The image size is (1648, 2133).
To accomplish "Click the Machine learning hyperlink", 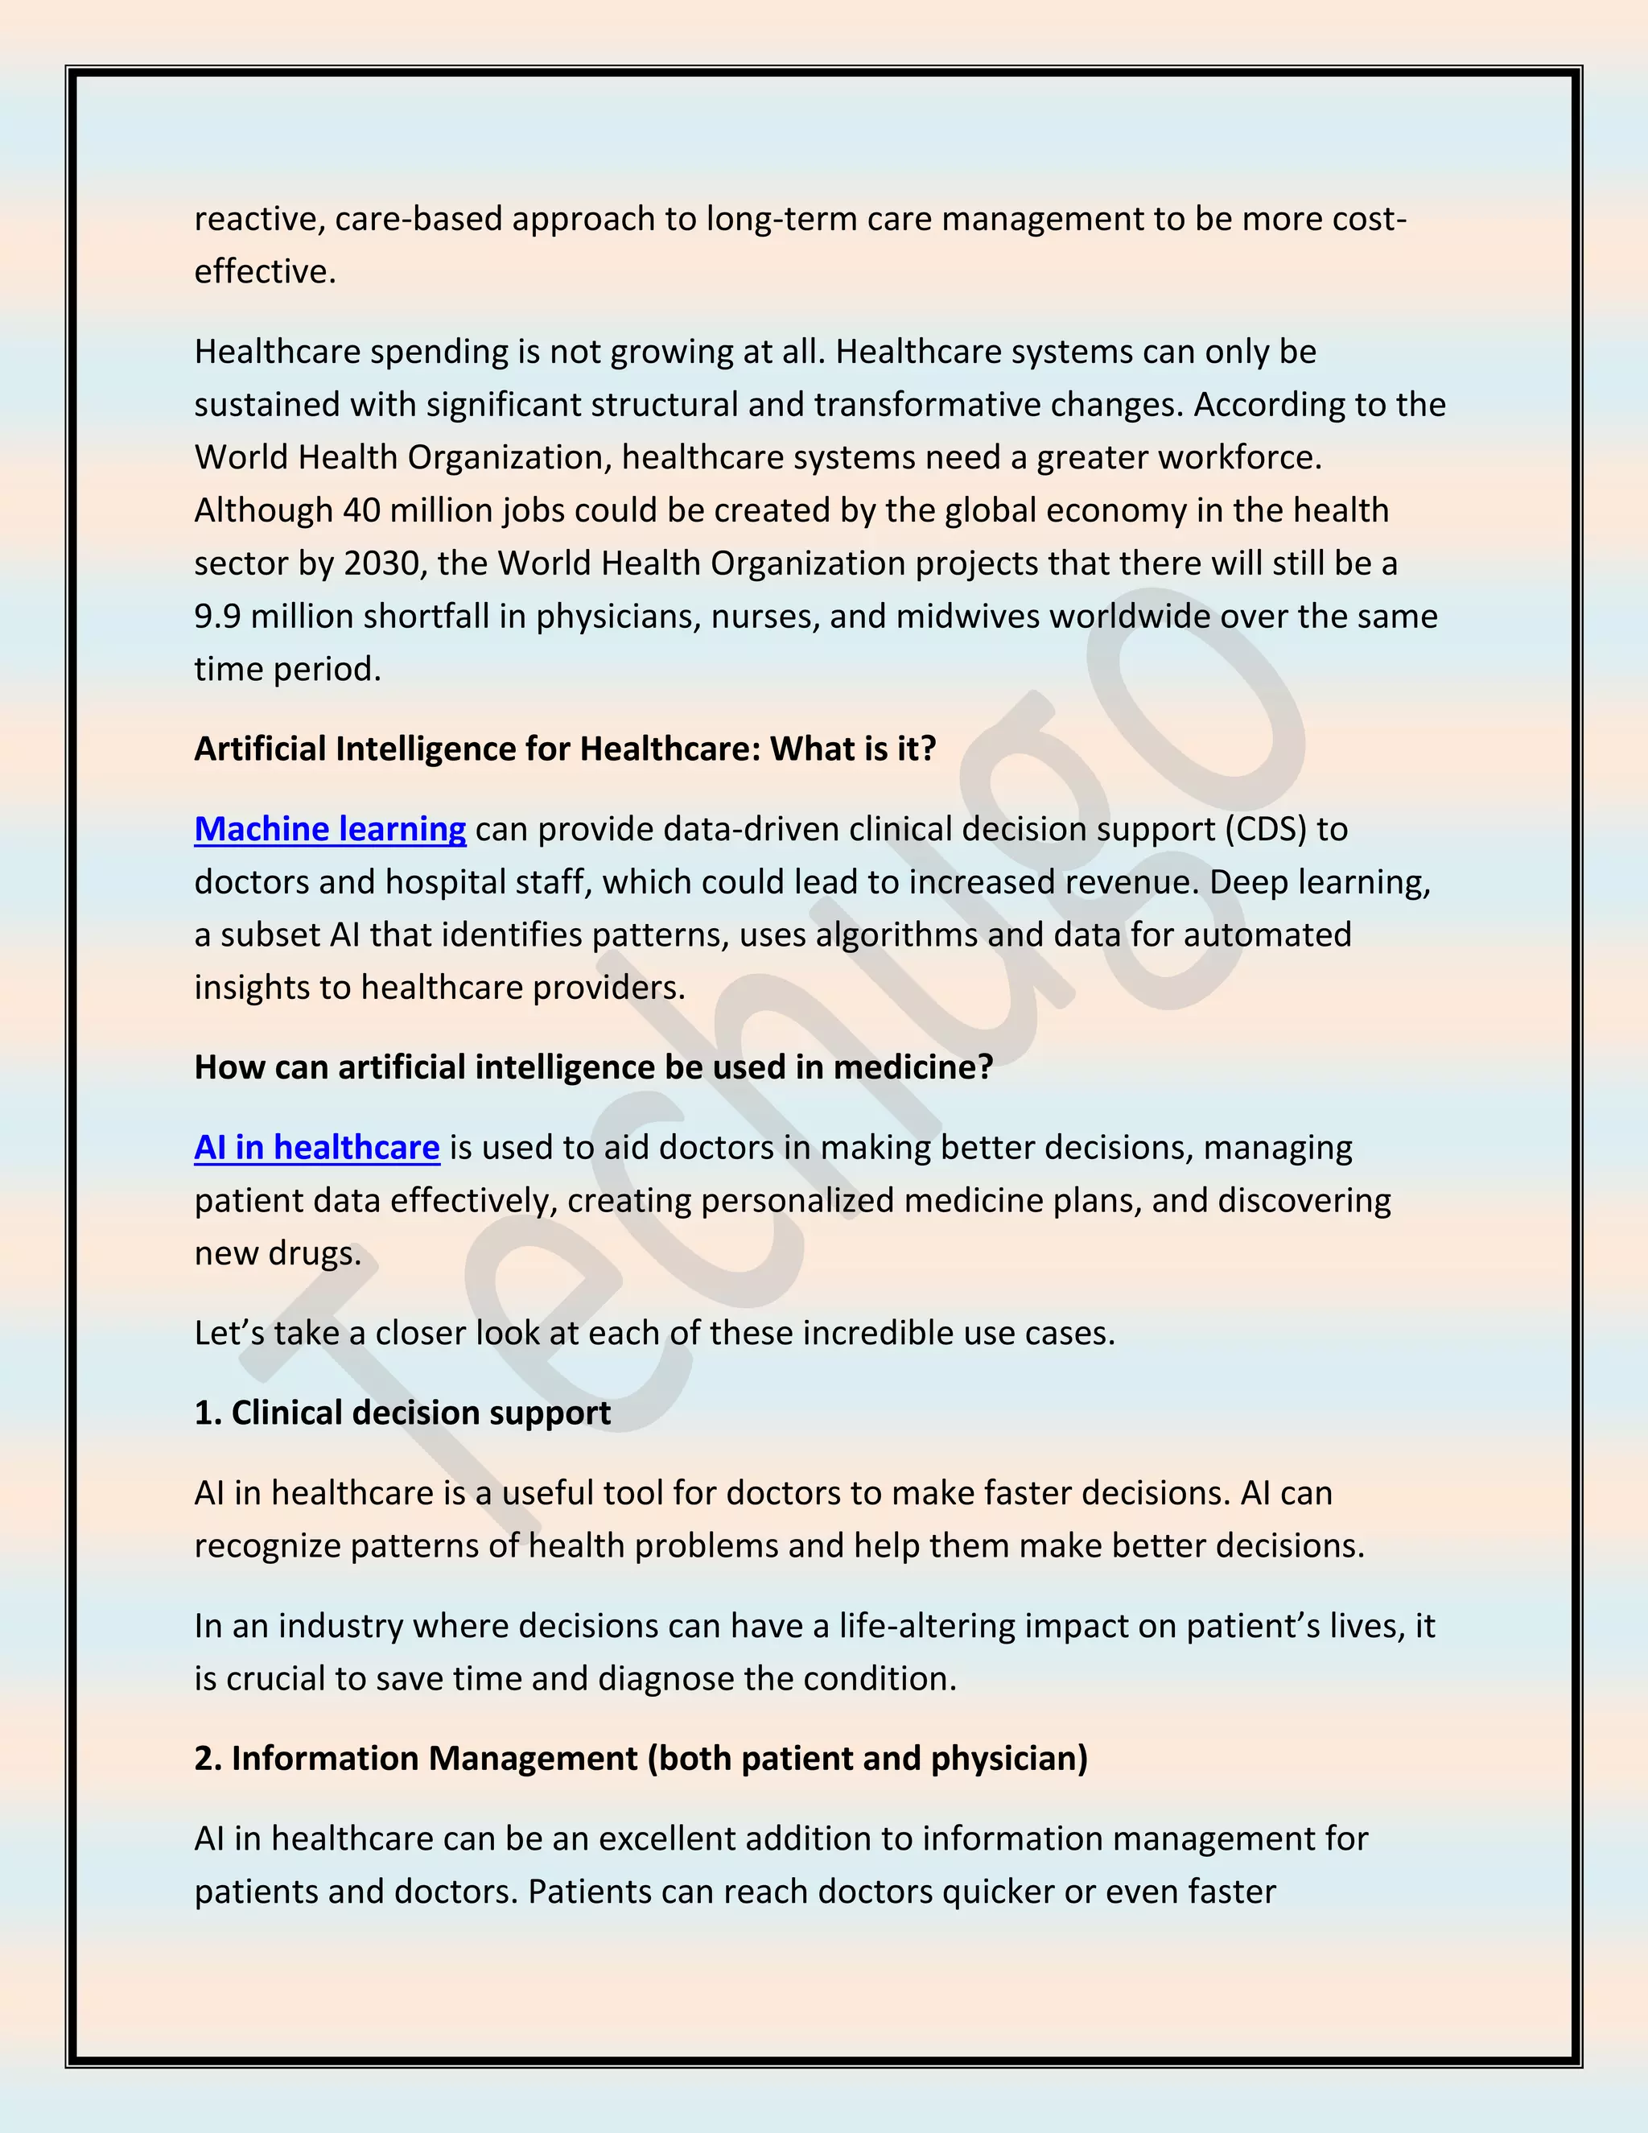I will tap(330, 829).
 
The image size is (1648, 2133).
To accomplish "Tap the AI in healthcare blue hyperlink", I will tap(316, 1148).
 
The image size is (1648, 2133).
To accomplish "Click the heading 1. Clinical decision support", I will tap(402, 1413).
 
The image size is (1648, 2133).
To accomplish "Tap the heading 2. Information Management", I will tap(641, 1759).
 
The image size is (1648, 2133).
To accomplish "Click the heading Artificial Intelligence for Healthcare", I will tap(564, 749).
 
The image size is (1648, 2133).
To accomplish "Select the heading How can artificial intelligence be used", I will tap(592, 1067).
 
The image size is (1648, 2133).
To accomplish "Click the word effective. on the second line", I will tap(265, 271).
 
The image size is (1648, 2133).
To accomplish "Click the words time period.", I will tap(287, 669).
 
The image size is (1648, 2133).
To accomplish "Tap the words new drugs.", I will tap(278, 1253).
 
